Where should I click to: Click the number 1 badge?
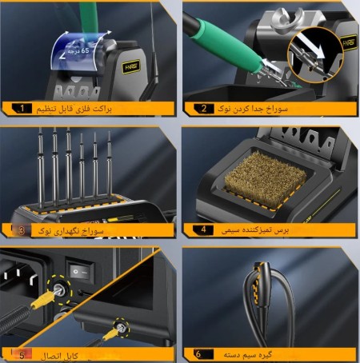pyautogui.click(x=24, y=107)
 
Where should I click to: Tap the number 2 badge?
pyautogui.click(x=204, y=107)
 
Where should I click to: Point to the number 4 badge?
pyautogui.click(x=204, y=230)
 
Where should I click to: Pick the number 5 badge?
pyautogui.click(x=23, y=354)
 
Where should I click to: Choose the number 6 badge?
pyautogui.click(x=204, y=353)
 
